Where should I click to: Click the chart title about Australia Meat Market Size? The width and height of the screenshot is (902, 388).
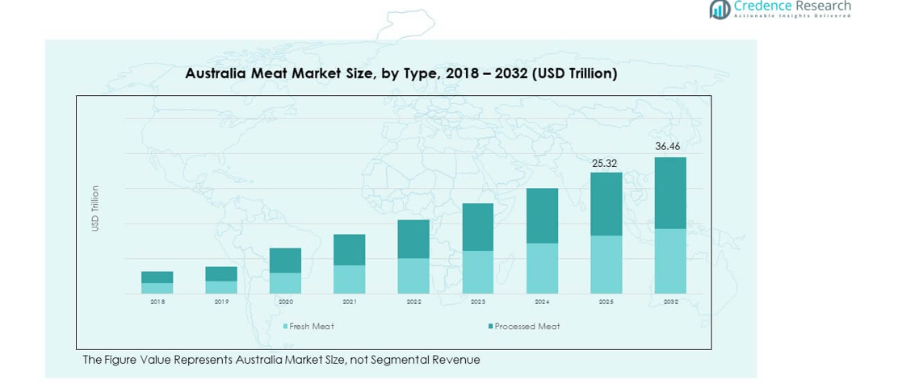click(x=401, y=73)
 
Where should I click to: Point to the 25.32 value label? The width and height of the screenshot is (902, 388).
click(x=605, y=163)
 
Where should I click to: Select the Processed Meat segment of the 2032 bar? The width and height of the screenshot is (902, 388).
click(x=669, y=193)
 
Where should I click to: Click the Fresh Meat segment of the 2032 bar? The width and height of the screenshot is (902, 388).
click(x=669, y=261)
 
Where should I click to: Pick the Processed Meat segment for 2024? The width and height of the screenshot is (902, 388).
click(x=542, y=215)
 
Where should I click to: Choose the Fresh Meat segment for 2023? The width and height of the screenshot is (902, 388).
click(x=477, y=272)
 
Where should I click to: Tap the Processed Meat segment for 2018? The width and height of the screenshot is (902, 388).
click(x=157, y=277)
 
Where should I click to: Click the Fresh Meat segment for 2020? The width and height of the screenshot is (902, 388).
click(x=285, y=282)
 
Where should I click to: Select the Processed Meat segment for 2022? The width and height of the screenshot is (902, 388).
click(x=413, y=239)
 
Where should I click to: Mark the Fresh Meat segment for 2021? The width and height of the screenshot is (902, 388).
click(x=349, y=279)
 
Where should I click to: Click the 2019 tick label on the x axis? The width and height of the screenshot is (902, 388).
click(x=221, y=302)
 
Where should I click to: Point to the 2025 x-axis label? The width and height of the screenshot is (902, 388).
click(x=606, y=302)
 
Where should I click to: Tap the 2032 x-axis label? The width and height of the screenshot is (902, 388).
click(x=670, y=302)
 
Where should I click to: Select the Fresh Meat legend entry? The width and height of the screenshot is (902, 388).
click(x=308, y=326)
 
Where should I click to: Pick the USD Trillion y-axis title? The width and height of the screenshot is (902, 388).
click(x=95, y=208)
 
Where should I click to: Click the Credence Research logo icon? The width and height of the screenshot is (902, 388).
click(x=720, y=9)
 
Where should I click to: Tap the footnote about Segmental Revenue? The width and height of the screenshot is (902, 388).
click(x=281, y=360)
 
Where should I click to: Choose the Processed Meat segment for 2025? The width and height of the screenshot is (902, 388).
click(x=606, y=204)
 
